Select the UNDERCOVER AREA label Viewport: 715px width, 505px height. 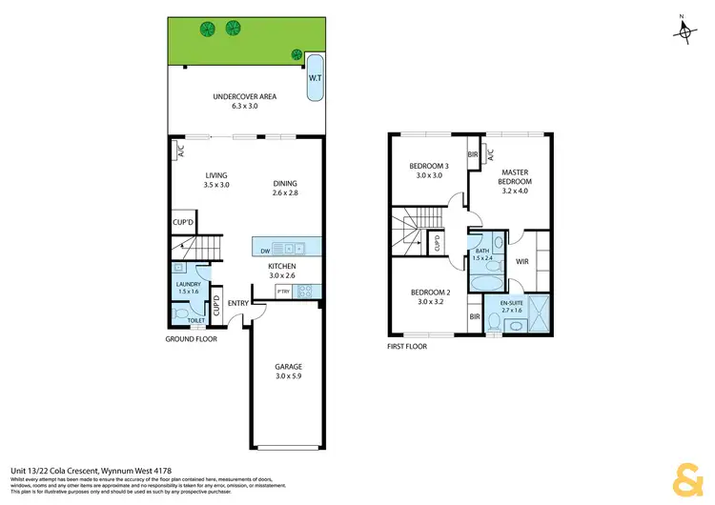[244, 97]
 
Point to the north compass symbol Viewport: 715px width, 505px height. [685, 30]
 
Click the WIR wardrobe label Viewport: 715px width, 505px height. [521, 260]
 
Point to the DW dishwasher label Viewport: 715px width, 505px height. [265, 252]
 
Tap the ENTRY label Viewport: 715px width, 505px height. [237, 305]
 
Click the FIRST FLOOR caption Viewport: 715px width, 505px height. [407, 347]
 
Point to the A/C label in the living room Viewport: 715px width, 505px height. [180, 151]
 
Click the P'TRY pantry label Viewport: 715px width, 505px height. [283, 290]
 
